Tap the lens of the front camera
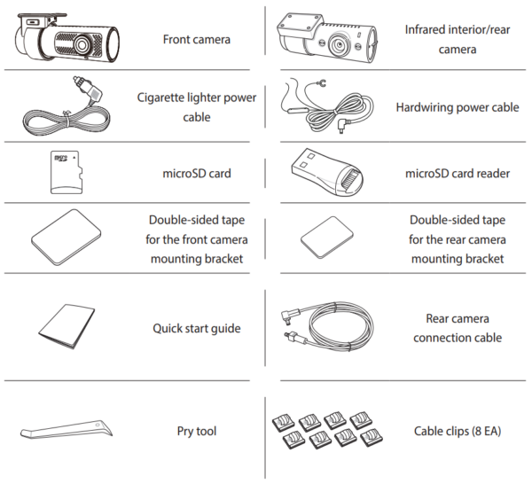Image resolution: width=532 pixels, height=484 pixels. (x=80, y=43)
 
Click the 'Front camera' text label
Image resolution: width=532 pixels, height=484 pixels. (x=197, y=40)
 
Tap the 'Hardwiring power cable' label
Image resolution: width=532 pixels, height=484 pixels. (x=458, y=107)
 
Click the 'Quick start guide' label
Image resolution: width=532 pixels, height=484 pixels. (x=197, y=329)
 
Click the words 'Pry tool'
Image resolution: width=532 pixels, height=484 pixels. (x=197, y=432)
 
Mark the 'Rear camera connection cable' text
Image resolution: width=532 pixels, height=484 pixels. (x=458, y=328)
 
